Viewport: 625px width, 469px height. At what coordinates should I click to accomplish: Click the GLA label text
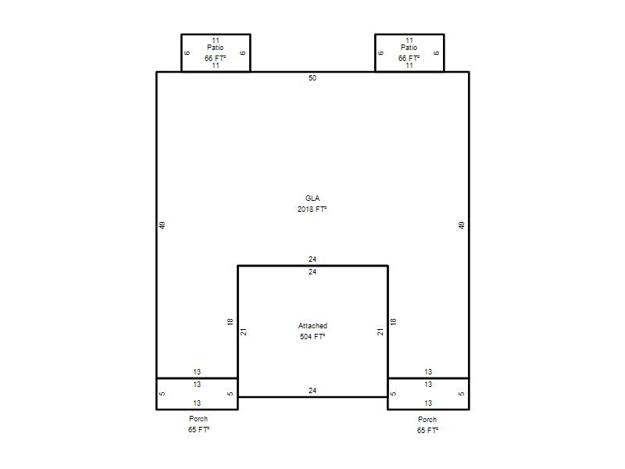(x=312, y=199)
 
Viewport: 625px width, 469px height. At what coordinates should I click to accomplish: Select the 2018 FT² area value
(x=312, y=209)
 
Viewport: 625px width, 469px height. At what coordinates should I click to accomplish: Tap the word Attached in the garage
(x=312, y=326)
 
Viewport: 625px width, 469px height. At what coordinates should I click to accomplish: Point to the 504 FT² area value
(x=312, y=337)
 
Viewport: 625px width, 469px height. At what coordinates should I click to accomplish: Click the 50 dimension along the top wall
(x=312, y=77)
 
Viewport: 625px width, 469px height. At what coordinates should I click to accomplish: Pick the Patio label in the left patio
(x=216, y=48)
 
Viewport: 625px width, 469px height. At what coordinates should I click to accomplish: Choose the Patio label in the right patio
(x=409, y=48)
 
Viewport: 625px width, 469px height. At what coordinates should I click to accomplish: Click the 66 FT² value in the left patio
(x=216, y=58)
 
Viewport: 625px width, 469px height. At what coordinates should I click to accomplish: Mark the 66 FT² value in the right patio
(x=409, y=58)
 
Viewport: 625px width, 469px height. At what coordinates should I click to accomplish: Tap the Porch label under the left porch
(x=198, y=419)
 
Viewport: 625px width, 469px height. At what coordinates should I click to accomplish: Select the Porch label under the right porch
(x=427, y=420)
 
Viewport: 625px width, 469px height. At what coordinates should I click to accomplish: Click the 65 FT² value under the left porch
(x=199, y=429)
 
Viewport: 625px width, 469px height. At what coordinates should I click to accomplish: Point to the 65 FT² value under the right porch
(x=427, y=431)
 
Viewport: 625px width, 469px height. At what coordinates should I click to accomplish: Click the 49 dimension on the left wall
(x=162, y=225)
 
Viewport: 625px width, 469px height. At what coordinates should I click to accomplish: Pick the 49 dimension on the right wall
(x=462, y=225)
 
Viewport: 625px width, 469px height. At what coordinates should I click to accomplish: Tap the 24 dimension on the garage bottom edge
(x=312, y=390)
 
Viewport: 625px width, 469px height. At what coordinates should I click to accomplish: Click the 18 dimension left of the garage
(x=230, y=321)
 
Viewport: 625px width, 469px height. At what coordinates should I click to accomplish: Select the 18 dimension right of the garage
(x=394, y=321)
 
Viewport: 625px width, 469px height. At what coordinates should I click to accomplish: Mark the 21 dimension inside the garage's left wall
(x=244, y=331)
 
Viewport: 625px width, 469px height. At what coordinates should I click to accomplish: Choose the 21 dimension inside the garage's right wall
(x=380, y=331)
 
